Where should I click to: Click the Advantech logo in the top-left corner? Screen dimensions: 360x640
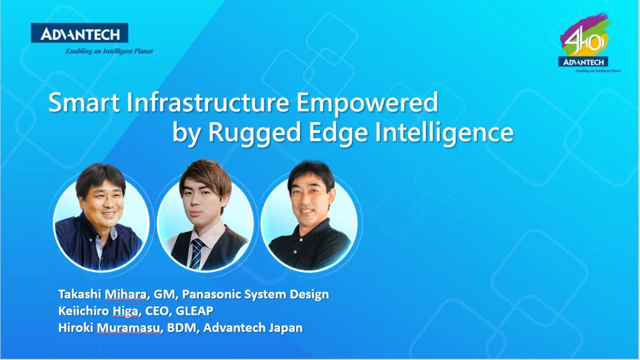pos(79,33)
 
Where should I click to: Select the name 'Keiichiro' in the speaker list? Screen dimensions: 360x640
pos(85,311)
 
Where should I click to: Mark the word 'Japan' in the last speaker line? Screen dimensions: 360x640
pos(287,328)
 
